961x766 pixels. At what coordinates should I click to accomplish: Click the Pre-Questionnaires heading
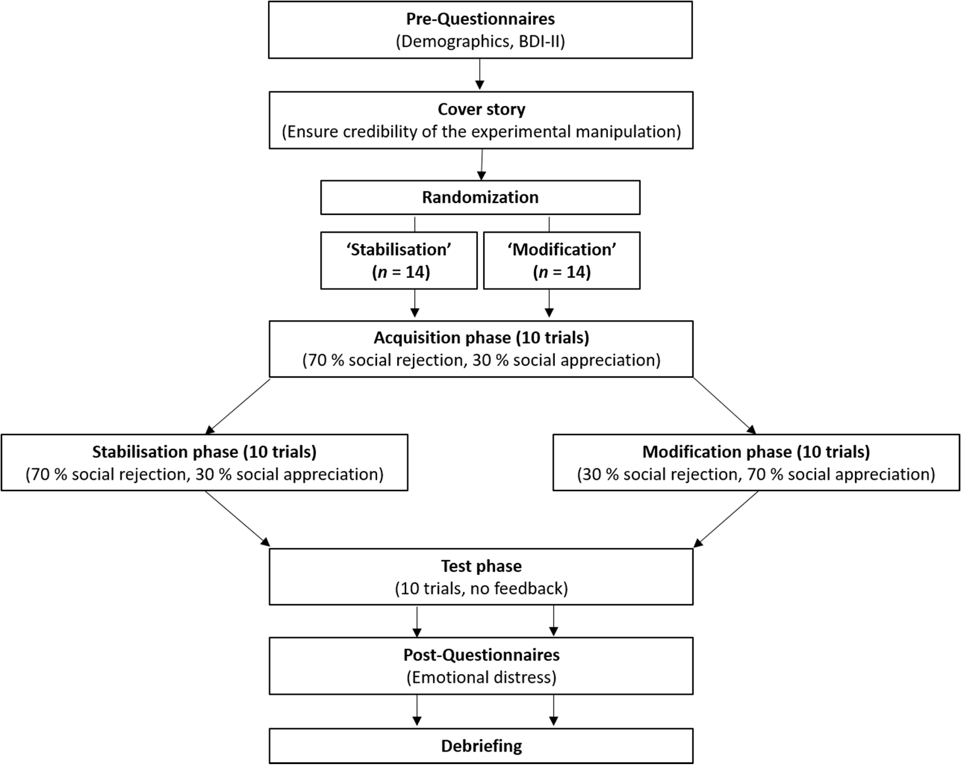(x=480, y=19)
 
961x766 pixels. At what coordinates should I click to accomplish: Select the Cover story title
(x=481, y=109)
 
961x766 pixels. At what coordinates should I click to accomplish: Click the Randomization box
(x=480, y=197)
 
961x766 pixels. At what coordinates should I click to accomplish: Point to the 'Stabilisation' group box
(x=399, y=260)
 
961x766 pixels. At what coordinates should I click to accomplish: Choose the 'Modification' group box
(x=562, y=260)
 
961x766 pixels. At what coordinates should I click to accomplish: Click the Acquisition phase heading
(x=481, y=338)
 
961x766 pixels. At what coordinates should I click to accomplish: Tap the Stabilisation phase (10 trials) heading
(x=204, y=452)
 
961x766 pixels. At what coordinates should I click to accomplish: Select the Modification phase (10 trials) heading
(x=756, y=452)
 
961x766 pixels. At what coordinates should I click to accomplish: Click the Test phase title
(x=481, y=566)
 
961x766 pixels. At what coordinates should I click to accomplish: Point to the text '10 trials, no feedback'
(x=481, y=589)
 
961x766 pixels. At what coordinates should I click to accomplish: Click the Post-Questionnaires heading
(x=481, y=655)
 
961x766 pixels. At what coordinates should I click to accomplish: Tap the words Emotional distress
(x=481, y=678)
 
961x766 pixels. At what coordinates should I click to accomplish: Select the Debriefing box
(x=481, y=746)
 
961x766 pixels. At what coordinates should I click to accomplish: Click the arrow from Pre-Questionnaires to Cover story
(x=480, y=74)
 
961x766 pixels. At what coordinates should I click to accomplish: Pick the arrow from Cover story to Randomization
(x=482, y=165)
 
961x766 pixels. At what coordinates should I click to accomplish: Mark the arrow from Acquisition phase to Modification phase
(x=725, y=406)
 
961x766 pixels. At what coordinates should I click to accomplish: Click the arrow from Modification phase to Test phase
(x=726, y=519)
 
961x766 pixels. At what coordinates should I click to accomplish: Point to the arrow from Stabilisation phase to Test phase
(x=238, y=519)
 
